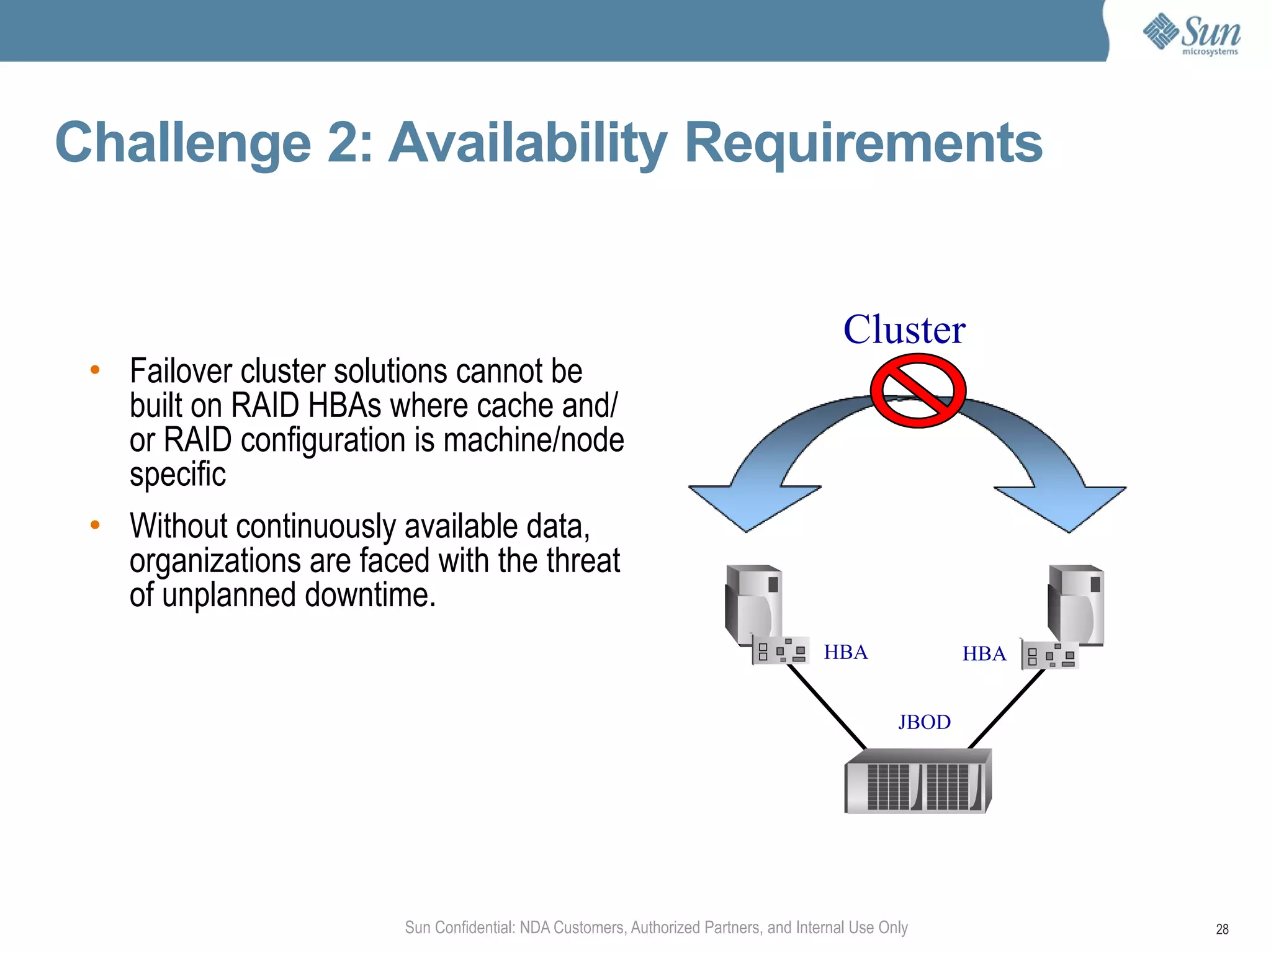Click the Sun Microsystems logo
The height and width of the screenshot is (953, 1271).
coord(1191,34)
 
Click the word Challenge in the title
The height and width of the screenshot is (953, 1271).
coord(182,143)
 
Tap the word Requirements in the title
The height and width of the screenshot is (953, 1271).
coord(863,143)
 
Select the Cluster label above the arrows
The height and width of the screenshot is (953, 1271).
coord(904,329)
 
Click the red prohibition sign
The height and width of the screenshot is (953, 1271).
coord(918,391)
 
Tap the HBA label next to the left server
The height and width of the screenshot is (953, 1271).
coord(845,652)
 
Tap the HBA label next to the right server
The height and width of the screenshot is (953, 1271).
coord(984,654)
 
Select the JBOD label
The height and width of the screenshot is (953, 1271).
coord(924,722)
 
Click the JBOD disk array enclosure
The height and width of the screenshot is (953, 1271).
coord(918,782)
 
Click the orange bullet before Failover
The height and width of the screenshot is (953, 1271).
coord(95,370)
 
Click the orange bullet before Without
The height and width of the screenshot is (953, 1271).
coord(95,525)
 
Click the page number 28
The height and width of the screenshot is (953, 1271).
coord(1222,929)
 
